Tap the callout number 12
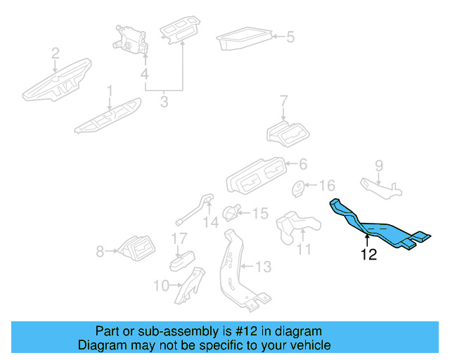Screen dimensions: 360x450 click(x=368, y=255)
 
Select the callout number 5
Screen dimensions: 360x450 click(x=290, y=37)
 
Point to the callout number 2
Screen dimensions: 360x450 click(x=55, y=52)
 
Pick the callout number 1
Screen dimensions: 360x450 click(x=110, y=90)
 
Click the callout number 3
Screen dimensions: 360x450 click(x=164, y=103)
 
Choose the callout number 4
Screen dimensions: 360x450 click(x=144, y=74)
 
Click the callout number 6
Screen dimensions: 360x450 click(x=303, y=164)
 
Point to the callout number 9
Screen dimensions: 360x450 click(x=378, y=166)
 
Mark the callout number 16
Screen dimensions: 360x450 click(x=328, y=186)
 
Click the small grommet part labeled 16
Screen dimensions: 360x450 click(x=299, y=188)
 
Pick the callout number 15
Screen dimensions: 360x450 click(x=259, y=212)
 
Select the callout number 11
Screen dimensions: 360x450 click(x=304, y=249)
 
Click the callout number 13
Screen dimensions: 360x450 click(x=262, y=266)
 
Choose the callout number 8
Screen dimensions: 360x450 click(x=100, y=250)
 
